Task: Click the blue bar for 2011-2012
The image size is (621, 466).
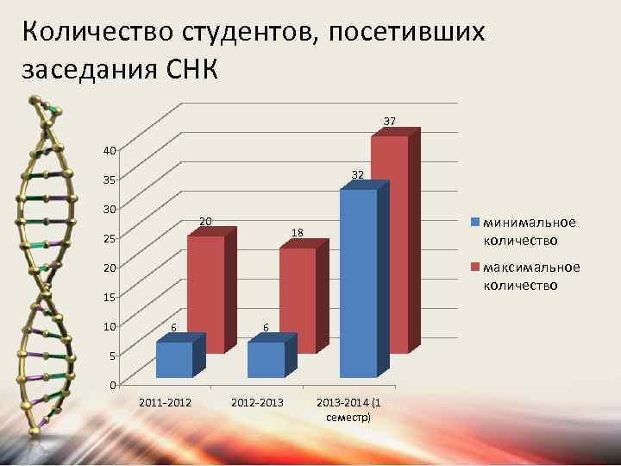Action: point(174,360)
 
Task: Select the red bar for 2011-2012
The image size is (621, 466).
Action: point(205,285)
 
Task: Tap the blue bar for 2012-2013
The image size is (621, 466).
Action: point(266,360)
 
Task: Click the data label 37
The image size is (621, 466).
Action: point(389,122)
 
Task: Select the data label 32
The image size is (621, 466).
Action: point(357,175)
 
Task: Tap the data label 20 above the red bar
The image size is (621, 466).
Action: point(205,222)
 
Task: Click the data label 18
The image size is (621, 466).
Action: point(298,233)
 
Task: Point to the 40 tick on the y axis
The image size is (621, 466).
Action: point(110,152)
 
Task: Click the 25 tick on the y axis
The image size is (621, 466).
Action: point(110,238)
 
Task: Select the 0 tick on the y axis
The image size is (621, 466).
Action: point(113,384)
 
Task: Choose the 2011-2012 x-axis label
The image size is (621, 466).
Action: point(165,403)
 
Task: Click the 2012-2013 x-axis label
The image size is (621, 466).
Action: point(257,403)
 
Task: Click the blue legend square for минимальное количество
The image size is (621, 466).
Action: point(474,223)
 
